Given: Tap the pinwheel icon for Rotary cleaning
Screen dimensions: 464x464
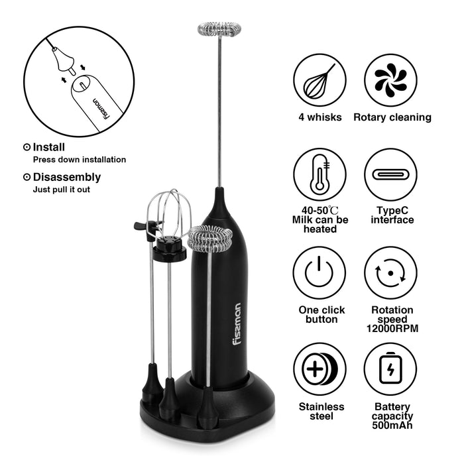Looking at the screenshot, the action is [390, 80].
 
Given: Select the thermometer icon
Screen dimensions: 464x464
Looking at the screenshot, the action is [320, 174].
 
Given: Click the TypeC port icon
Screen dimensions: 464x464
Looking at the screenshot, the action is [390, 175].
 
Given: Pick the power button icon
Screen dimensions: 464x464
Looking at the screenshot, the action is [319, 272].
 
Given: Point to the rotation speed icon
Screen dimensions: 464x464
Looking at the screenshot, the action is [390, 273].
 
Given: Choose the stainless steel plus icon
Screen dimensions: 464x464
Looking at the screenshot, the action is [319, 369].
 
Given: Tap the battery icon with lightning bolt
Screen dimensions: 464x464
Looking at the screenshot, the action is [390, 368].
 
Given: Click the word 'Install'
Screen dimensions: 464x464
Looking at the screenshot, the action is [49, 147].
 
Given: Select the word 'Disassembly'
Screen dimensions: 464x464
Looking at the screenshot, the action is [67, 178].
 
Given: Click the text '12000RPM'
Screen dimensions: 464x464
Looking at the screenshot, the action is [392, 329].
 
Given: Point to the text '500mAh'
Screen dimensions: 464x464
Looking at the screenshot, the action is [392, 426].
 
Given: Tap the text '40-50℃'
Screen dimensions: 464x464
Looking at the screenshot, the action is [320, 210].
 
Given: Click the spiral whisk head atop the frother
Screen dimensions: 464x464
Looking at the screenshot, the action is [219, 29].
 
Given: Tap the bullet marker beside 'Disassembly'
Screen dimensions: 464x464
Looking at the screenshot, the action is [27, 177].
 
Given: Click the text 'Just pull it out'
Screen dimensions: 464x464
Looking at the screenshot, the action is [62, 190].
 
